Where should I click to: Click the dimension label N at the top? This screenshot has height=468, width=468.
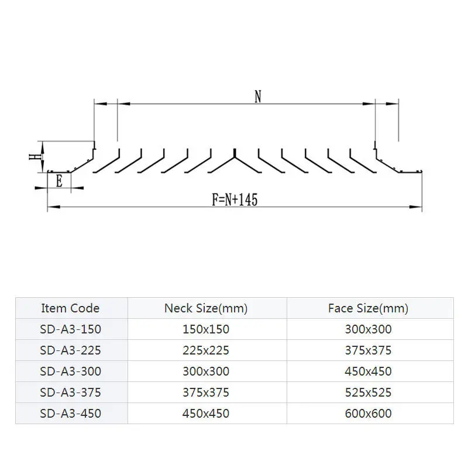[257, 97]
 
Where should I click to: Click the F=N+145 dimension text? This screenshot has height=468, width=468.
[235, 200]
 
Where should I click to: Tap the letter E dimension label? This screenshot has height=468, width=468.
[59, 181]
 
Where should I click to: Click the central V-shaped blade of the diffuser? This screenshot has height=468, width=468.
[234, 160]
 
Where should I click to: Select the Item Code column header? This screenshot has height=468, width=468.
[70, 308]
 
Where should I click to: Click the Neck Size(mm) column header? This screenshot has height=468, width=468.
[206, 308]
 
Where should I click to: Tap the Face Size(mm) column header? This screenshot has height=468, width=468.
[369, 308]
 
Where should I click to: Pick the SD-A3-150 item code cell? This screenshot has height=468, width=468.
[70, 329]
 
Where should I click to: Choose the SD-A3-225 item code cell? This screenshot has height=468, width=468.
[70, 350]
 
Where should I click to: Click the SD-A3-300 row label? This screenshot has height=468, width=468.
[70, 371]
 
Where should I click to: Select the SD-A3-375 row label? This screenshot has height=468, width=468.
[70, 393]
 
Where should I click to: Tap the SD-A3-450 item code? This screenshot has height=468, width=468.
[70, 414]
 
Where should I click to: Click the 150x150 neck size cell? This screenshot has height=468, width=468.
[206, 329]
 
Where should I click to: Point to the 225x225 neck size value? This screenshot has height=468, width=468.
[206, 350]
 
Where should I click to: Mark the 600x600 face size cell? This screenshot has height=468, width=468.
[369, 414]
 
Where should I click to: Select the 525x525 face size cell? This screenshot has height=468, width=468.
[369, 393]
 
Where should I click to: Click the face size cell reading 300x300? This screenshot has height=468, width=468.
[369, 329]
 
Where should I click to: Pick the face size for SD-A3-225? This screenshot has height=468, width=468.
[369, 350]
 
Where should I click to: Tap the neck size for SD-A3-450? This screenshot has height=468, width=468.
[206, 414]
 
